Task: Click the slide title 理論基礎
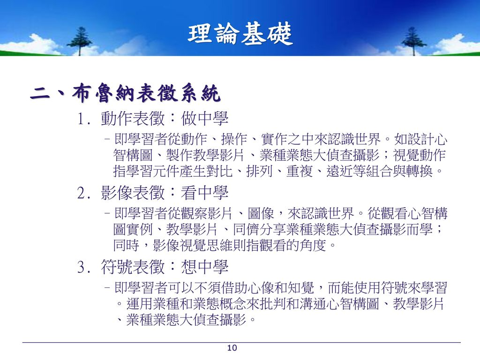(x=240, y=34)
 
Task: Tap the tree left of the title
(x=80, y=41)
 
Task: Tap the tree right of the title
(x=413, y=41)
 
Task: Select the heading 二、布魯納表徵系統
(x=125, y=92)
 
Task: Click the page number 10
(x=232, y=348)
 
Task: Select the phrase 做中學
(x=205, y=119)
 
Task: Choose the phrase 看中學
(x=205, y=193)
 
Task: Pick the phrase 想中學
(x=205, y=267)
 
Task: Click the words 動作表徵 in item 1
(x=133, y=119)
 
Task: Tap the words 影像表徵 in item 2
(x=133, y=193)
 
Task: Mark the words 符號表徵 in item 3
(x=133, y=267)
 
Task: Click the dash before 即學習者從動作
(x=107, y=139)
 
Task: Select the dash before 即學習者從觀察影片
(x=107, y=213)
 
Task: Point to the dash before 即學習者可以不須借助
(x=107, y=288)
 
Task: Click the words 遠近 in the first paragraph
(x=339, y=171)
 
